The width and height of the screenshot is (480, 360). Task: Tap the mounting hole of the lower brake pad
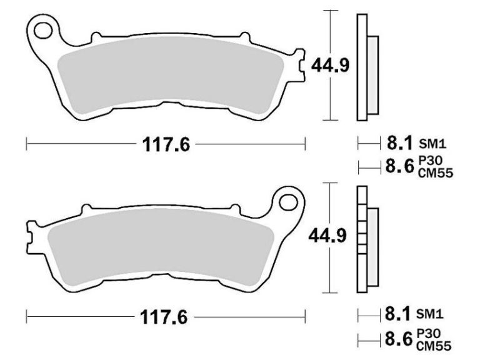[x=288, y=202]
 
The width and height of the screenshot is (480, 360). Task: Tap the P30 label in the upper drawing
[x=427, y=161]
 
